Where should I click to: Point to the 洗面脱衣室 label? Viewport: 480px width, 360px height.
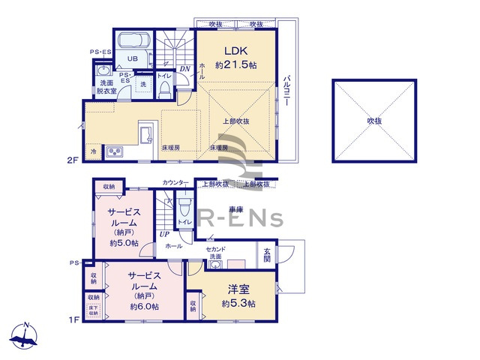tap(103, 86)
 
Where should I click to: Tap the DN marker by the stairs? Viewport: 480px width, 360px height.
tap(184, 69)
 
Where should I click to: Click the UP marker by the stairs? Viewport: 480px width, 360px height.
tap(163, 234)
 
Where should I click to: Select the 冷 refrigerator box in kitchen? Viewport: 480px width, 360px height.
tap(93, 151)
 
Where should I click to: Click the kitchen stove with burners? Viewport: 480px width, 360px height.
tap(115, 152)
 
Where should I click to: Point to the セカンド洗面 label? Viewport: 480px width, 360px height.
tap(217, 253)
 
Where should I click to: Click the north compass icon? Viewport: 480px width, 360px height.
tap(25, 337)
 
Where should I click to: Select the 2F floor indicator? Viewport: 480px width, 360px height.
tap(72, 160)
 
